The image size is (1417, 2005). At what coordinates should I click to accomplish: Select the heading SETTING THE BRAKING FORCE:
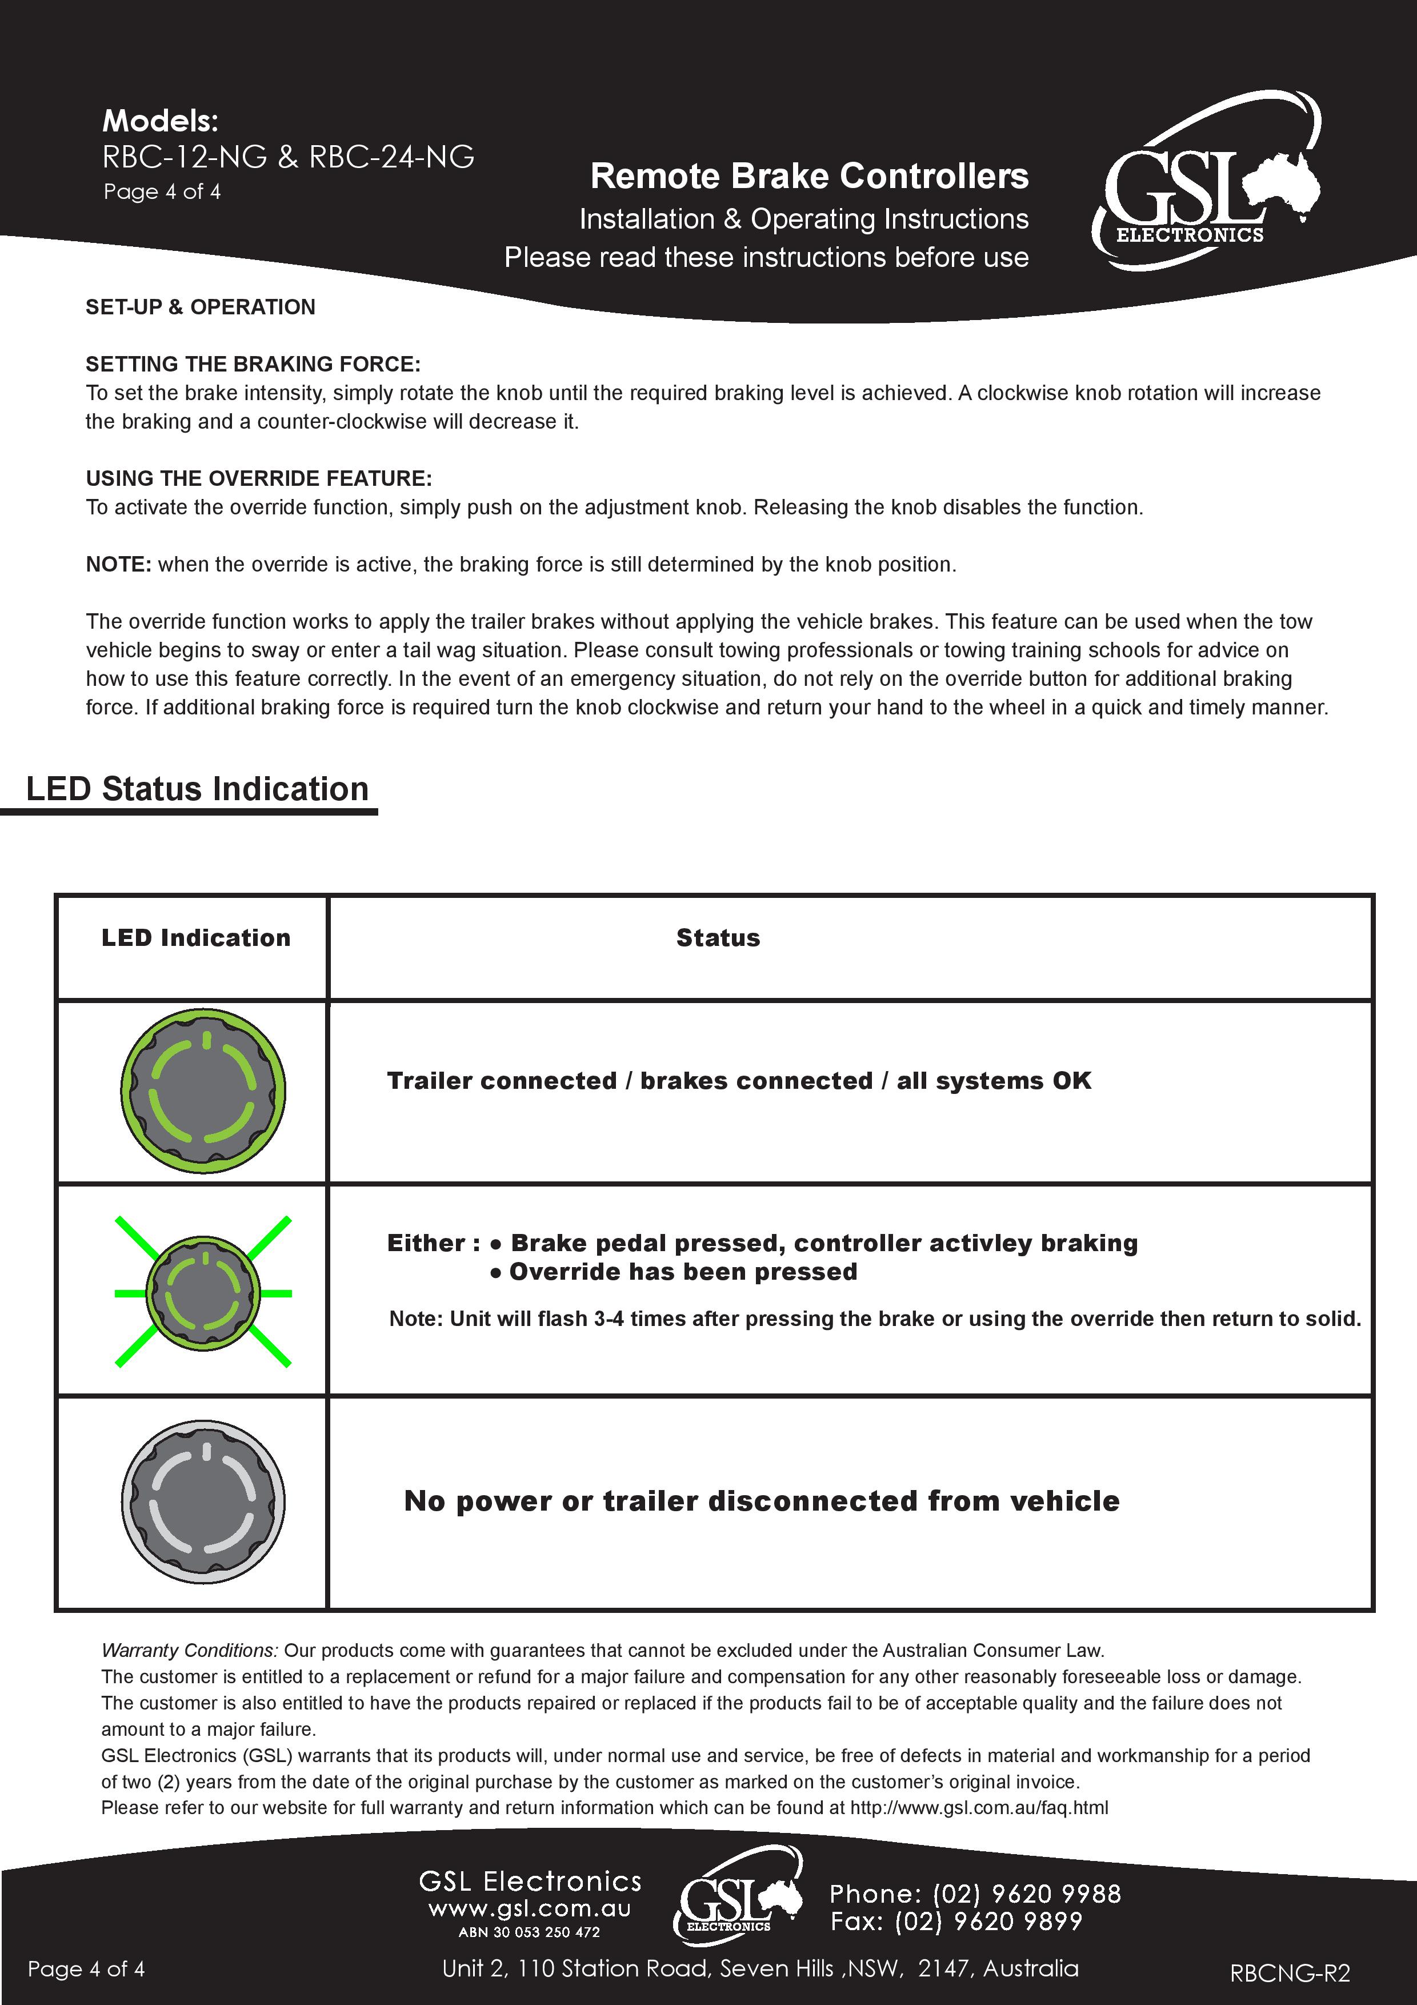(x=253, y=364)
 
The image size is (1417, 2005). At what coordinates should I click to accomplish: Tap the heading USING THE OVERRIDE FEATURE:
(x=258, y=478)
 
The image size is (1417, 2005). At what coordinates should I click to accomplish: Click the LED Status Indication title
(x=197, y=789)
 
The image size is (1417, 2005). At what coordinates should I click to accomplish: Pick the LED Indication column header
(x=195, y=938)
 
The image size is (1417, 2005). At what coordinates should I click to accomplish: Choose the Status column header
(x=718, y=938)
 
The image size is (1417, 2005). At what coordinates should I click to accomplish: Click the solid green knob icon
(x=203, y=1091)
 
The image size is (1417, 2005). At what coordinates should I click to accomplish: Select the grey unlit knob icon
(x=203, y=1501)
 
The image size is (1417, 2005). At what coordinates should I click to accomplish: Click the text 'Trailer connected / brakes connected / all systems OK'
(x=739, y=1081)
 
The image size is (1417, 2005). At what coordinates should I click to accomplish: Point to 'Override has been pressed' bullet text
(x=683, y=1272)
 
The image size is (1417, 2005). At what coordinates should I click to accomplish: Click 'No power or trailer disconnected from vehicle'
(x=761, y=1501)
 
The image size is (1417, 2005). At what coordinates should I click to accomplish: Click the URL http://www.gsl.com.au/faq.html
(x=979, y=1808)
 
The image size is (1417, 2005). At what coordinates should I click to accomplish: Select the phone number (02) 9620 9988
(x=1027, y=1894)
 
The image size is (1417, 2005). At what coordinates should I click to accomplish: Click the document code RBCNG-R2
(x=1290, y=1972)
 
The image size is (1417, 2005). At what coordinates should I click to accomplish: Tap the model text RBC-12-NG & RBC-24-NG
(x=288, y=157)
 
